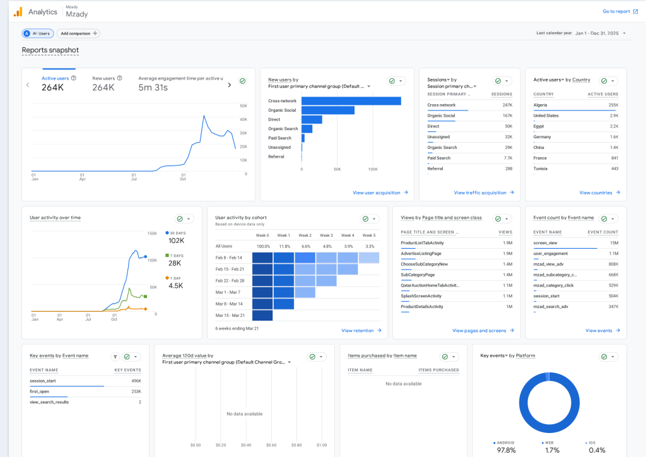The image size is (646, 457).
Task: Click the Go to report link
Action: (x=616, y=11)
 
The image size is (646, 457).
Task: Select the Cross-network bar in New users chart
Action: (x=351, y=101)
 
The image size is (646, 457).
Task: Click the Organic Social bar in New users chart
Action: (x=328, y=110)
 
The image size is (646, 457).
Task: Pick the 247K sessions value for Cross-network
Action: (x=507, y=105)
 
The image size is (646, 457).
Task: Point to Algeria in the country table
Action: (x=541, y=105)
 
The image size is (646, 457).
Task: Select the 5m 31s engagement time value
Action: (x=153, y=88)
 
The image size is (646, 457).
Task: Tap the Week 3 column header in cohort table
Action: (x=326, y=235)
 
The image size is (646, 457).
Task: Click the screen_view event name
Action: (x=544, y=242)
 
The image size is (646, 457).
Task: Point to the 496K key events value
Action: (x=136, y=381)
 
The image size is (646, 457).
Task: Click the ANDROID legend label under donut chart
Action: (x=507, y=442)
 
